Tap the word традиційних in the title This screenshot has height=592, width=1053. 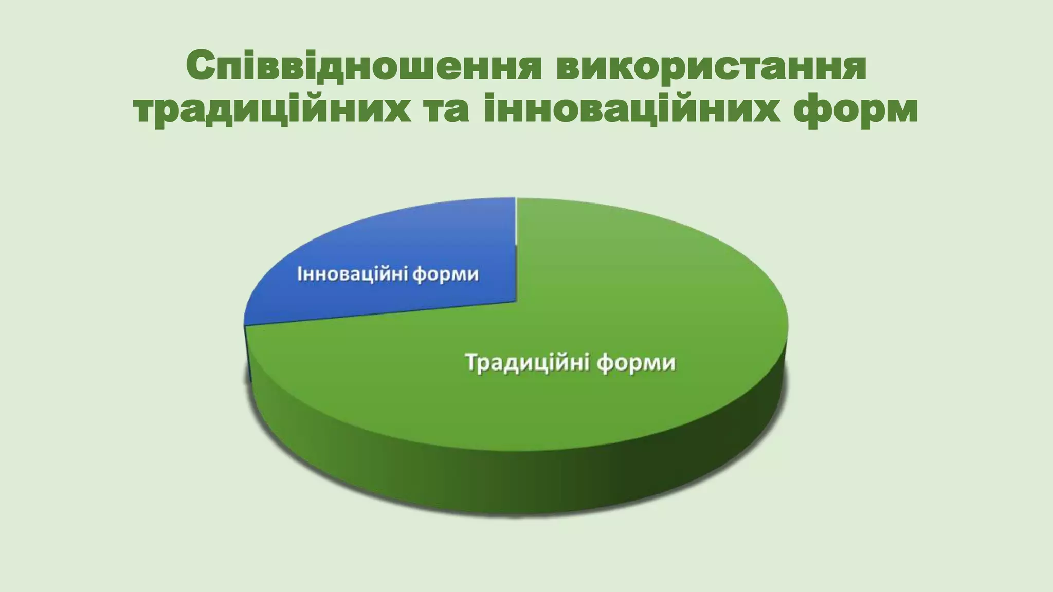(273, 109)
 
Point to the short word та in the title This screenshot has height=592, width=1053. (447, 109)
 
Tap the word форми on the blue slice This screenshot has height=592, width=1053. (445, 275)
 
